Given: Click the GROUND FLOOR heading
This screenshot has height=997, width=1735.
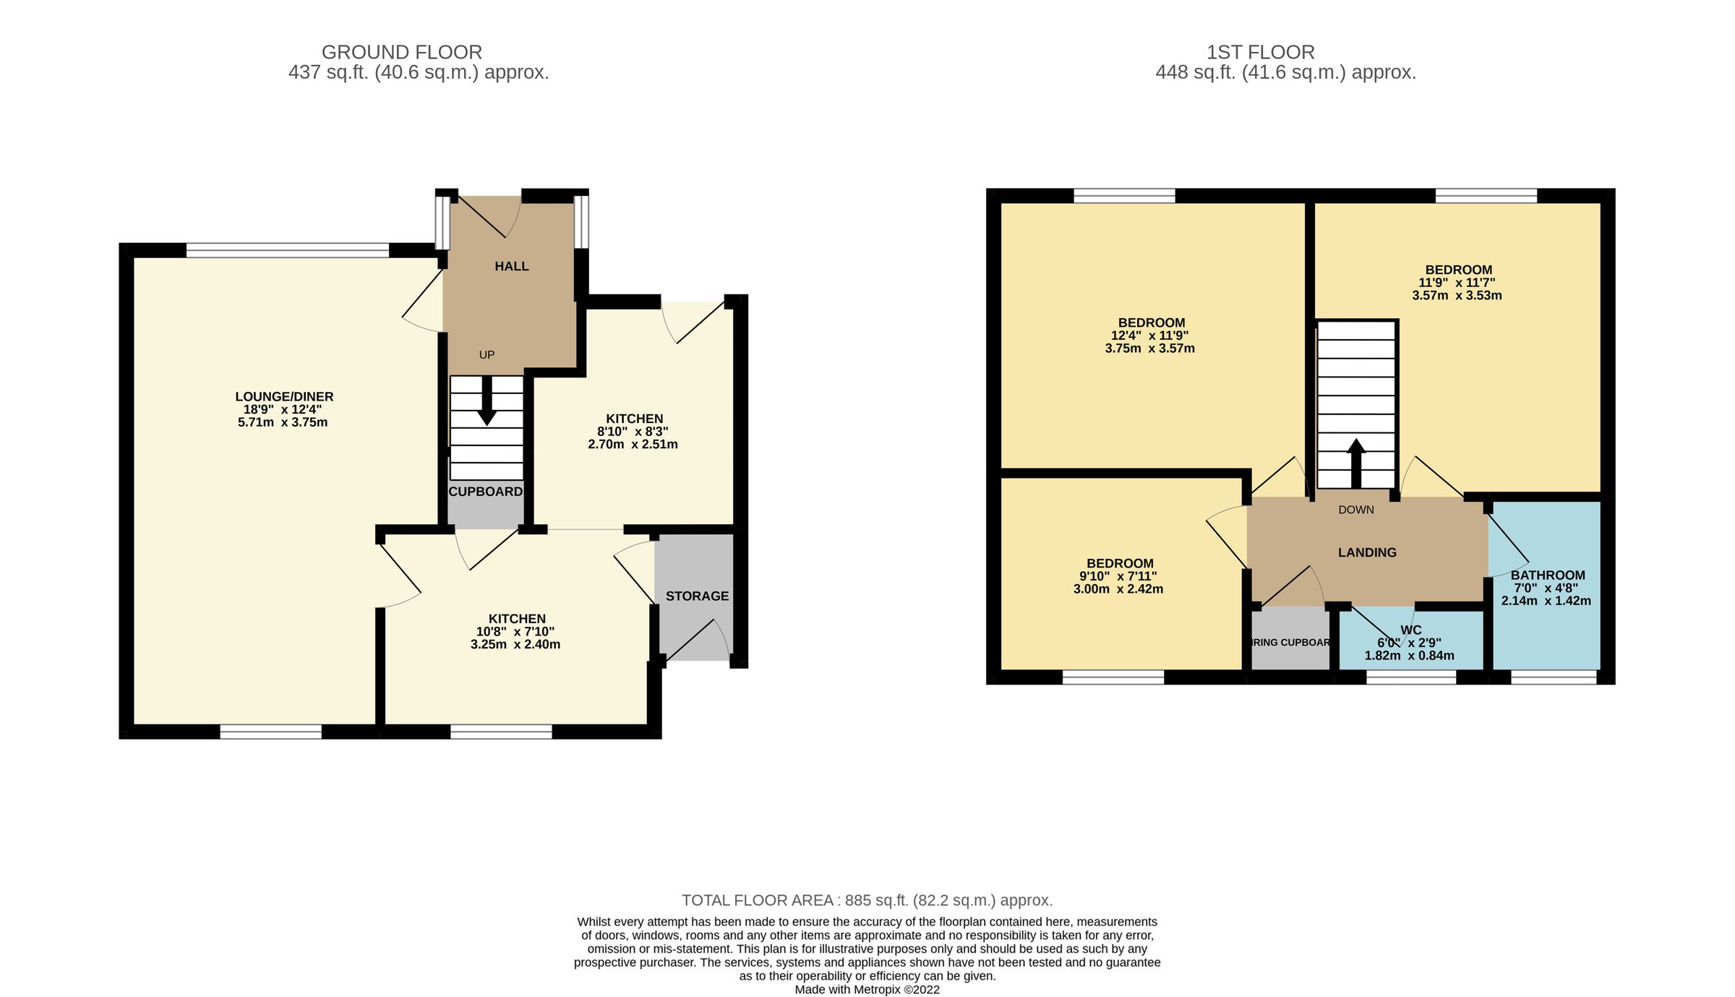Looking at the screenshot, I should coord(401,52).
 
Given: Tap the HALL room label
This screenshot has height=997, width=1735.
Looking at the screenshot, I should coord(511,266).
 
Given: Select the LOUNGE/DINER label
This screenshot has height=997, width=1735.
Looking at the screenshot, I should coord(284,396).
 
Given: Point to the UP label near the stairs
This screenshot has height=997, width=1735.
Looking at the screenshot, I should coord(487,354).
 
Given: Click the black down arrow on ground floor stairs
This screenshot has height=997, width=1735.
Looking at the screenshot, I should coord(487,401).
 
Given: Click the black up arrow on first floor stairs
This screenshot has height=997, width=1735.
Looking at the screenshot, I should coord(1356,463).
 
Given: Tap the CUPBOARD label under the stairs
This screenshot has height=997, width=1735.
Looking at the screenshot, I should coord(485,492).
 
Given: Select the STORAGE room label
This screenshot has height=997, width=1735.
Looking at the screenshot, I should coord(697,596).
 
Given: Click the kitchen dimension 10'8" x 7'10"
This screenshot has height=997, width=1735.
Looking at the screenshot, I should coord(516,631).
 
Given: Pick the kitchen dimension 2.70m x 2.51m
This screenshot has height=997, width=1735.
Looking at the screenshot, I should coord(633,444).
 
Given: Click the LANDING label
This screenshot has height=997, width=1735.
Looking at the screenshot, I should coord(1367,552).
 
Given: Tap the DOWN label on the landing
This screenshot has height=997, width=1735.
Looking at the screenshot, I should coord(1355,510).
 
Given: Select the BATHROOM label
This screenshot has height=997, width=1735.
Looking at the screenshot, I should coord(1547,575).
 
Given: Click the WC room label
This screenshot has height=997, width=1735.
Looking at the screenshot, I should coord(1410,630).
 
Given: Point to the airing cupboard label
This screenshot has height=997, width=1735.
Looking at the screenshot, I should coord(1290,642).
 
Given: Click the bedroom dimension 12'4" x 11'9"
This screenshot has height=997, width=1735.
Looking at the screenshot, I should coord(1149,335).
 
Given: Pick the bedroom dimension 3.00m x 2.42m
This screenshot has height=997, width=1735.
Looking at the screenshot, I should coord(1118,589).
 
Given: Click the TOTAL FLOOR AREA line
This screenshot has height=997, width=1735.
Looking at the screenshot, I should coord(867,900).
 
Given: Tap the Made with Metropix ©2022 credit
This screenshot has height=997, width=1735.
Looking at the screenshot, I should coord(867,990).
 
